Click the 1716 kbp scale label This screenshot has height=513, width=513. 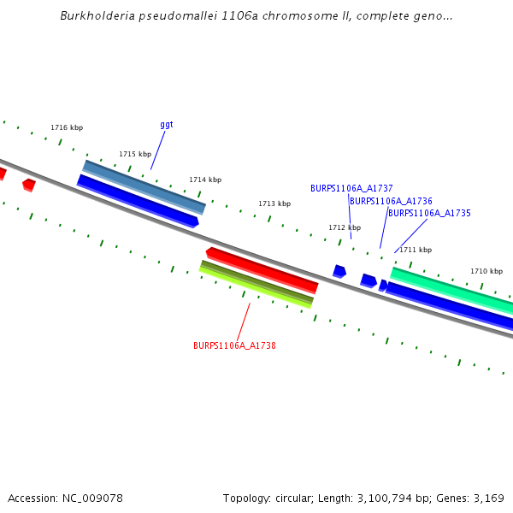(x=67, y=128)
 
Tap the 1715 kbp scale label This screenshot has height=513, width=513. (x=135, y=155)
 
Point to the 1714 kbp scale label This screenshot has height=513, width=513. (x=205, y=180)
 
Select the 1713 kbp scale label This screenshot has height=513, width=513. (x=274, y=204)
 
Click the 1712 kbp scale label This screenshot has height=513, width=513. (x=345, y=228)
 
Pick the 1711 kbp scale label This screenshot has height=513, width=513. (x=416, y=251)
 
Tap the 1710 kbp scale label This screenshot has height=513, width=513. (x=486, y=272)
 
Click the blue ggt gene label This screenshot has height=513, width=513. (x=167, y=125)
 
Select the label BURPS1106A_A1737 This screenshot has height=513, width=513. (x=351, y=188)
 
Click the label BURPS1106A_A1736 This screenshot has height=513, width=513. (x=391, y=202)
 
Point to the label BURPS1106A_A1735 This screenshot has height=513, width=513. (x=429, y=214)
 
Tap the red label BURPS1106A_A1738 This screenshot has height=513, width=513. (x=234, y=346)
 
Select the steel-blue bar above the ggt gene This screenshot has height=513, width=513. (x=144, y=186)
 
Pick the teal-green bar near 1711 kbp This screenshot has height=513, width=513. (x=451, y=288)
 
